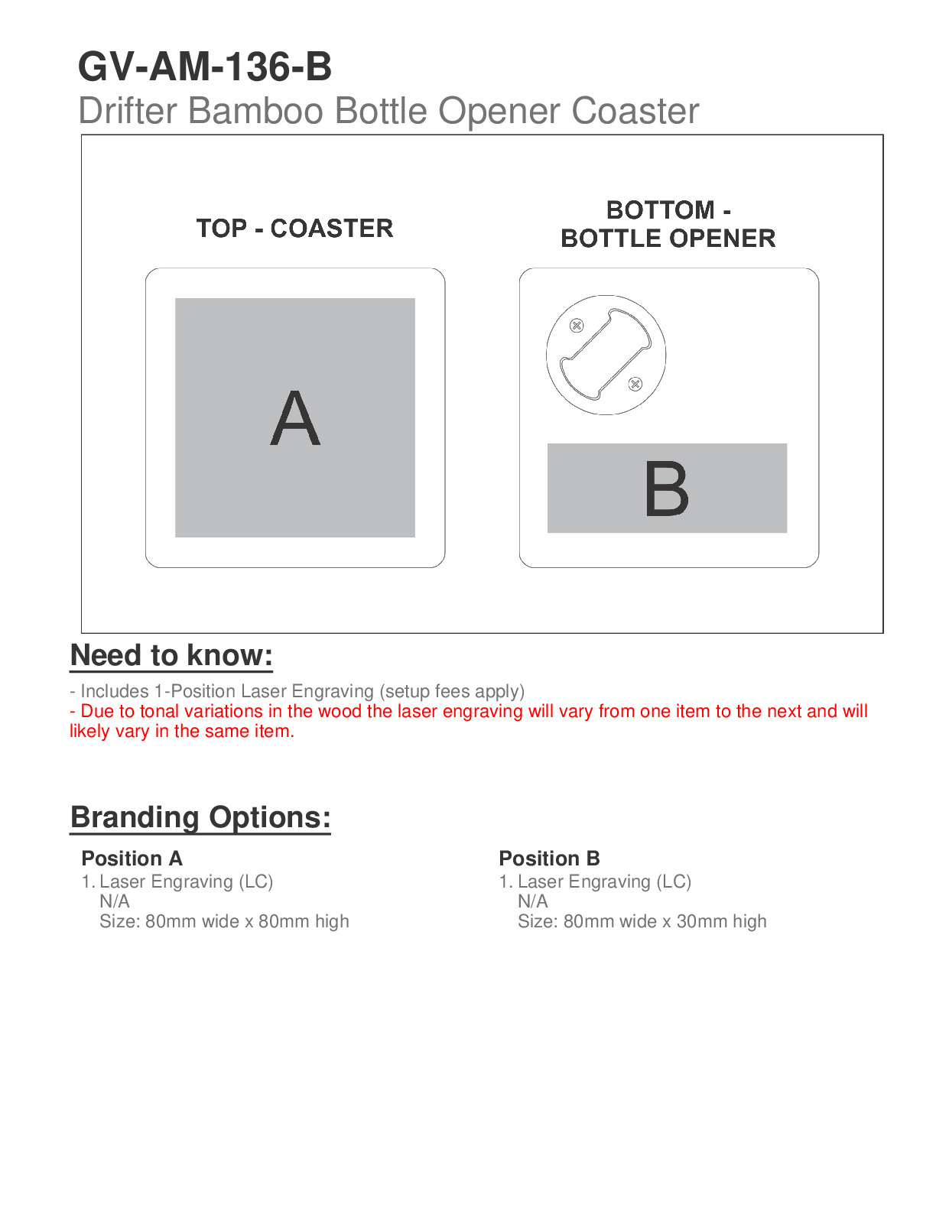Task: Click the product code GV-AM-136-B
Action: [x=205, y=67]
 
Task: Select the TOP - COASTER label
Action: [x=294, y=228]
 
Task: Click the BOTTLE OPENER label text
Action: [x=668, y=239]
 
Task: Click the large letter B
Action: [x=666, y=489]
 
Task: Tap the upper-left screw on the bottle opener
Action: [x=577, y=326]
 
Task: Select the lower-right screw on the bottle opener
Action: [x=635, y=384]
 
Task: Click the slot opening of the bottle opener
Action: [x=605, y=354]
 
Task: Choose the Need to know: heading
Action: [x=171, y=656]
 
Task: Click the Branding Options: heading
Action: [x=200, y=817]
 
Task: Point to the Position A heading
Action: [x=132, y=859]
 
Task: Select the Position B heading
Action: [x=549, y=859]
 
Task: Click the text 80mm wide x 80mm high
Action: [x=247, y=921]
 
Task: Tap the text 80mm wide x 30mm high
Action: [x=665, y=921]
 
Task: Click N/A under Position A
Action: [x=115, y=901]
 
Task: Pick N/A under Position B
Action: [x=532, y=901]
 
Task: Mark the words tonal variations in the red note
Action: [x=201, y=711]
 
